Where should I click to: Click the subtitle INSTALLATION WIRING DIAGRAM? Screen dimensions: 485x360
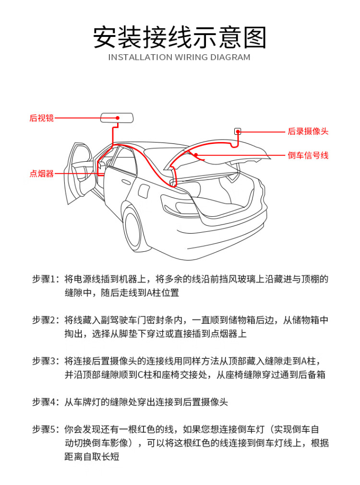coord(180,58)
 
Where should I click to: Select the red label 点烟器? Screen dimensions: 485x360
coord(42,174)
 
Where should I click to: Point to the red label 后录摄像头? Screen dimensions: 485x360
coord(308,131)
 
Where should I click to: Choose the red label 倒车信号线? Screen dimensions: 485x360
coord(308,155)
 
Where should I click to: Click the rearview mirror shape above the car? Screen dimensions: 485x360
coord(117,118)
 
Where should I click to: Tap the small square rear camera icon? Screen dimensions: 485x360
coord(237,131)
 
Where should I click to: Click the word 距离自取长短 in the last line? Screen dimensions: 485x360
coord(92,457)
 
